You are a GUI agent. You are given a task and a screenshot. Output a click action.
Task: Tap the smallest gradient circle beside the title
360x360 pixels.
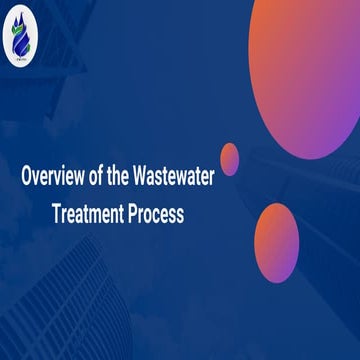tap(229, 157)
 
